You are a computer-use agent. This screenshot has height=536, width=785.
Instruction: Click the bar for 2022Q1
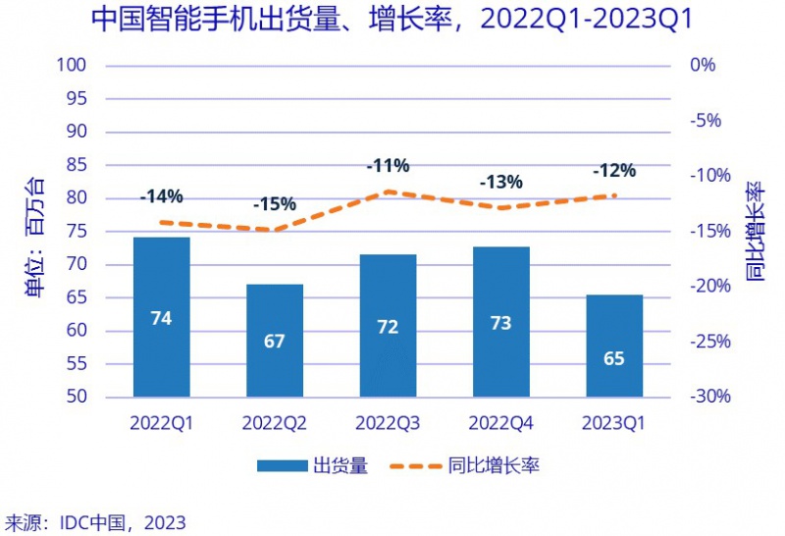tap(162, 316)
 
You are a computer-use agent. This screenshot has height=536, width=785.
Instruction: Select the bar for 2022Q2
tap(275, 340)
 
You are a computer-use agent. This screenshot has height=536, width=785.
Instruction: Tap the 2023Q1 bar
tap(614, 346)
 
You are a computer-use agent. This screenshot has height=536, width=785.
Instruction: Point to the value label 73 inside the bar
tap(500, 323)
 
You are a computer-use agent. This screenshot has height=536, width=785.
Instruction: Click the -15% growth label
tap(274, 205)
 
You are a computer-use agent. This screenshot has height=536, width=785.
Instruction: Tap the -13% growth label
tap(500, 182)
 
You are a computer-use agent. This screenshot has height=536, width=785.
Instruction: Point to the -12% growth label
tap(614, 171)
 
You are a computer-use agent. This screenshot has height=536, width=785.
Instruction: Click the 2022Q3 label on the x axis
tap(388, 423)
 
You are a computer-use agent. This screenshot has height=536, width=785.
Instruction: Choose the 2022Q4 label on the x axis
tap(500, 423)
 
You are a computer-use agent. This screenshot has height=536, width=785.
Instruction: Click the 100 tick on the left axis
tap(75, 66)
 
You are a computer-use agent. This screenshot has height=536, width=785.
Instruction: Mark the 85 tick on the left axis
tap(78, 165)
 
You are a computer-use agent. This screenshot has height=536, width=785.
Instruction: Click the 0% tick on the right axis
tap(704, 66)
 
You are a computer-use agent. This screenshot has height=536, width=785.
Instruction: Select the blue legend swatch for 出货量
tap(281, 466)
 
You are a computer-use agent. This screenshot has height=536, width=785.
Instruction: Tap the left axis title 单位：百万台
tap(34, 236)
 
